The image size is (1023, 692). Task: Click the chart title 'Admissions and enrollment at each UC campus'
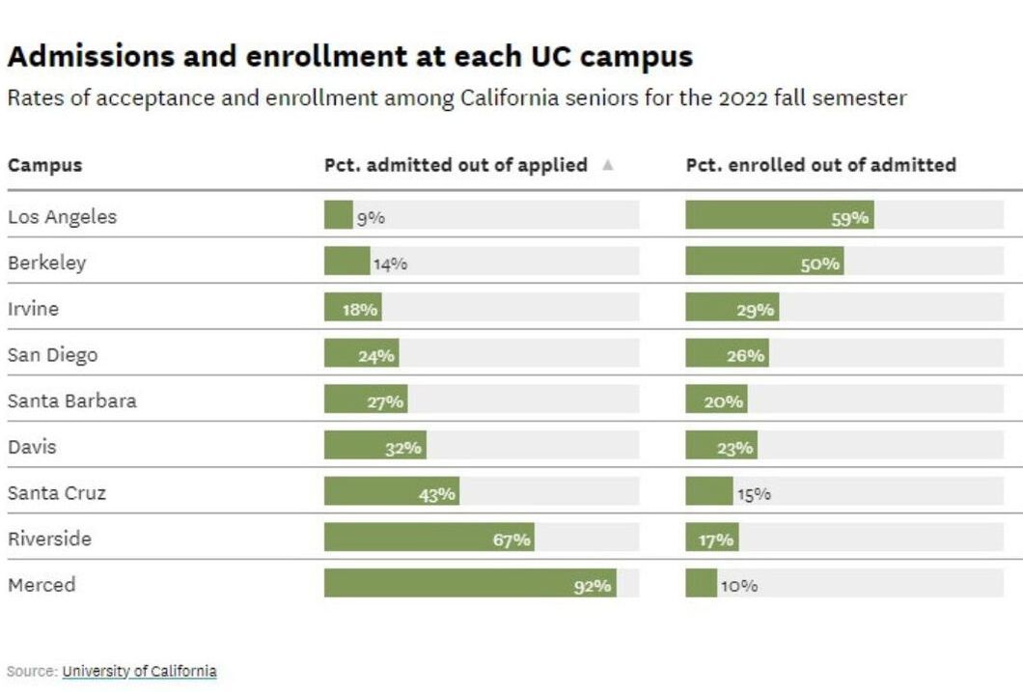click(349, 57)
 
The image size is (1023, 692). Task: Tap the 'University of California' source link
click(139, 671)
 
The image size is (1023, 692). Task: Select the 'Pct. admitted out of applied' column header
click(456, 165)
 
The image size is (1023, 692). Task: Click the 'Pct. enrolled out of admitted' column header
click(820, 165)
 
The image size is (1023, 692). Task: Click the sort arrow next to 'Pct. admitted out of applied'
click(607, 165)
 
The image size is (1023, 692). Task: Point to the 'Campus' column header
click(44, 165)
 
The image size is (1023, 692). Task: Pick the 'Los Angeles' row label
click(62, 216)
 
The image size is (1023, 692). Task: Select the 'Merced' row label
click(41, 585)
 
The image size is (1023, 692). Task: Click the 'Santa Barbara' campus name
click(71, 401)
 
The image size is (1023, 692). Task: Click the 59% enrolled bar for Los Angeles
click(779, 216)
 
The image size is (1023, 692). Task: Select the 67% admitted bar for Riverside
click(429, 539)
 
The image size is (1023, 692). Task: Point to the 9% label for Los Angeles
click(371, 218)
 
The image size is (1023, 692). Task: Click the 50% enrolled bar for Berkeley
click(764, 263)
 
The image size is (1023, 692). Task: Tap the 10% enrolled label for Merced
click(738, 586)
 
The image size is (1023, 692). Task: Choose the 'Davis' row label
click(32, 447)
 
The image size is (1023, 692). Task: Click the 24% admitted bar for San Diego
click(361, 354)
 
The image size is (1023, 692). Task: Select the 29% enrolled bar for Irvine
click(732, 309)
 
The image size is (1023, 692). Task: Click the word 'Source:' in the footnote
click(32, 671)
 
